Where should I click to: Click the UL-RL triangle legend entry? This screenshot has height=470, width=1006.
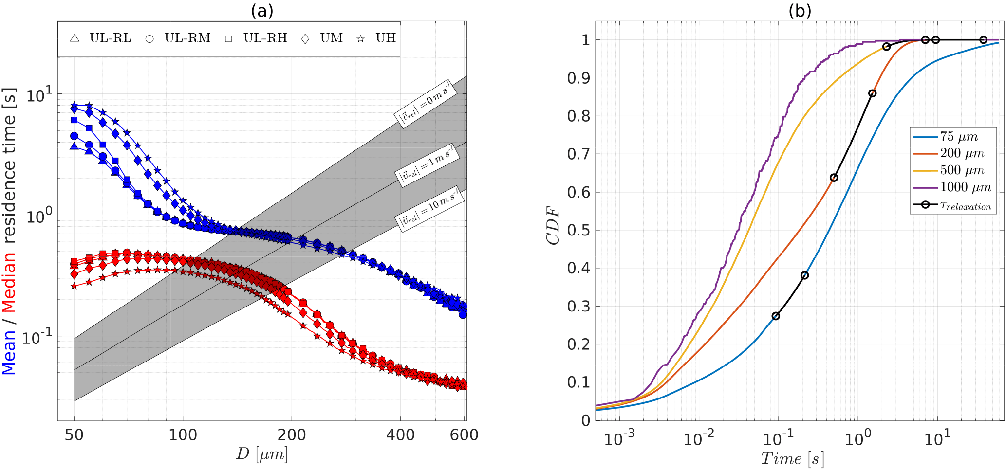click(x=101, y=38)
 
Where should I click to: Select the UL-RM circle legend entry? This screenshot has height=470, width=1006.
click(x=178, y=38)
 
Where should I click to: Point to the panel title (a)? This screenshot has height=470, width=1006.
click(x=262, y=11)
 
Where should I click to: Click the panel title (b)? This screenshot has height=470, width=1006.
click(x=800, y=11)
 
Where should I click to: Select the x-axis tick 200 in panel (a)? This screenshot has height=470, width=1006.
click(x=292, y=434)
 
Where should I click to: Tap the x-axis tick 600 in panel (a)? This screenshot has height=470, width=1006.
click(x=464, y=434)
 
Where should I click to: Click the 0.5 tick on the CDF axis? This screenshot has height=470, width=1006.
click(x=578, y=230)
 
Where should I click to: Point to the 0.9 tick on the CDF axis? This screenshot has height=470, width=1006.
click(x=578, y=78)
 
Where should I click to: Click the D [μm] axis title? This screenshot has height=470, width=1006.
click(x=262, y=454)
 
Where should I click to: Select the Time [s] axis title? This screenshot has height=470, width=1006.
click(x=792, y=458)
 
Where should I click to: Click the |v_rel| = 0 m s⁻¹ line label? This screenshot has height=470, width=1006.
click(x=425, y=103)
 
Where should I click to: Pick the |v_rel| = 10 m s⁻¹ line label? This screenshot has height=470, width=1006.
click(x=429, y=208)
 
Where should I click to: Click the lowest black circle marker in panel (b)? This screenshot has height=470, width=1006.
click(x=776, y=316)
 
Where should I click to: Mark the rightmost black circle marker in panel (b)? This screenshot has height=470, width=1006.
click(x=983, y=40)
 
